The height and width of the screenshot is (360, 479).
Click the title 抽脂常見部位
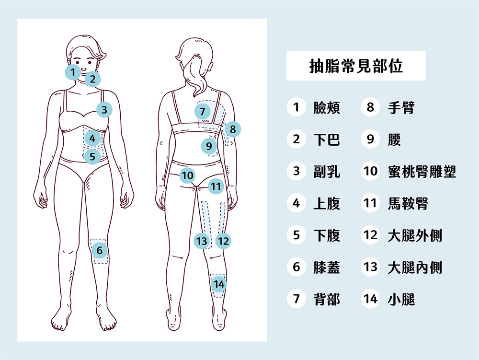coord(355,66)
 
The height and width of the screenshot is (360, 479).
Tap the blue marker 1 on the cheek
coord(73,72)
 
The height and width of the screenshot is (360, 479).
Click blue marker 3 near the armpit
coord(104,110)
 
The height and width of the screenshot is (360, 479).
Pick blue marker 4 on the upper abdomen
coord(92,139)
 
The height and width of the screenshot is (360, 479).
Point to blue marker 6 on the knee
coord(99,250)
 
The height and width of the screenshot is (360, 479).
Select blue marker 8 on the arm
coord(233,129)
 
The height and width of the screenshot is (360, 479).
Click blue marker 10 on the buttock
coord(188,176)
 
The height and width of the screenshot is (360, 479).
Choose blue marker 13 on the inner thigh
coord(203,241)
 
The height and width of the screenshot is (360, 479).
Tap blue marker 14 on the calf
coord(219,284)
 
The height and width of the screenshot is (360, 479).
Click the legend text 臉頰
coord(326,108)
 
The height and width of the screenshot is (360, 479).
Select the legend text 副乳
coord(326,172)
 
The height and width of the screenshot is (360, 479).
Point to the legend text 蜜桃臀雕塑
coord(422,172)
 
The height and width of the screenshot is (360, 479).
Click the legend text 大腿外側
coord(414,235)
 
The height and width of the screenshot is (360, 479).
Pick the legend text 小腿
coord(401,299)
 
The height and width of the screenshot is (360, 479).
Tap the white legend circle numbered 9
coord(370,139)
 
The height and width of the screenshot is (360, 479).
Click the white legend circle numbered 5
coord(297,235)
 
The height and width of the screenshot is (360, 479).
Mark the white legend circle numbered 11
coord(370,203)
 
